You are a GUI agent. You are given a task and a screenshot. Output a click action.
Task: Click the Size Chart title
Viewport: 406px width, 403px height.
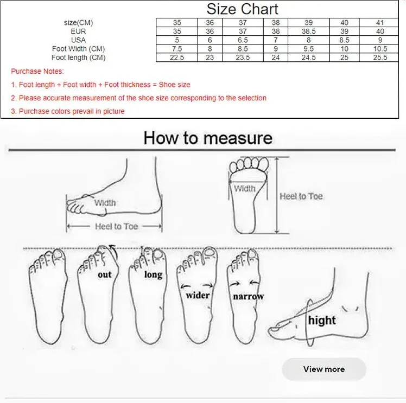click(x=242, y=9)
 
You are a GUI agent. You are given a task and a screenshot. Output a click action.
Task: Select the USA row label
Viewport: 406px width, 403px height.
click(x=78, y=40)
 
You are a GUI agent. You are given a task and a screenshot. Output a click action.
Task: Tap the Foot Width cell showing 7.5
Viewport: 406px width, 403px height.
click(x=177, y=49)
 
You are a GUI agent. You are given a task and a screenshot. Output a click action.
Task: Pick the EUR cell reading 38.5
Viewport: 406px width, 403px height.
click(x=308, y=31)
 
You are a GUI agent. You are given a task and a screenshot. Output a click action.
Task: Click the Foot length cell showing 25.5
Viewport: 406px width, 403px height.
click(x=380, y=57)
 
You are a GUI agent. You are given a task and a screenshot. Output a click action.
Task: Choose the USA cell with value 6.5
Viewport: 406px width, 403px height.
click(x=243, y=40)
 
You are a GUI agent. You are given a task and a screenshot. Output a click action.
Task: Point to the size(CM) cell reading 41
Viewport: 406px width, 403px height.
click(x=380, y=22)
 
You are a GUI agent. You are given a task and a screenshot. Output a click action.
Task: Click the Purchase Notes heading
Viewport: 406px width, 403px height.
click(x=37, y=71)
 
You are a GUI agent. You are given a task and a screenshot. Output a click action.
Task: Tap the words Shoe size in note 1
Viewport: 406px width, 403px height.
click(x=174, y=85)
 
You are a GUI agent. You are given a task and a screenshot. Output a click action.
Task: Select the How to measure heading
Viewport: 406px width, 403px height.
click(x=208, y=138)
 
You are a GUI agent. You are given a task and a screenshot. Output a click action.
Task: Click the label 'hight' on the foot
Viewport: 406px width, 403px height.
click(x=321, y=320)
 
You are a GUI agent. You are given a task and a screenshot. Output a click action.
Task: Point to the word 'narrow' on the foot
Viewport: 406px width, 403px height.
click(x=248, y=296)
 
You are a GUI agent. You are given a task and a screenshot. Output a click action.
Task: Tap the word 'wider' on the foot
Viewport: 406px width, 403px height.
click(x=198, y=295)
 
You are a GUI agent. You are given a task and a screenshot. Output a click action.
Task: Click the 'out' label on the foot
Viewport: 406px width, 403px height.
click(x=105, y=274)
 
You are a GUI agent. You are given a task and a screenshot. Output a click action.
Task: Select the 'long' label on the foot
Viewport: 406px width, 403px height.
click(x=153, y=274)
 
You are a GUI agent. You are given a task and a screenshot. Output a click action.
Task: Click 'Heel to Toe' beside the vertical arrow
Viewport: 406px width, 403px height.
click(x=301, y=196)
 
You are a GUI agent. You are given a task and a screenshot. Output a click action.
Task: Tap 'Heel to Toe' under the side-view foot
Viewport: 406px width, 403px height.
click(x=116, y=227)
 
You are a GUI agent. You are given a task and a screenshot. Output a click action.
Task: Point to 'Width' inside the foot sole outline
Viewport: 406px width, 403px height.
click(x=245, y=189)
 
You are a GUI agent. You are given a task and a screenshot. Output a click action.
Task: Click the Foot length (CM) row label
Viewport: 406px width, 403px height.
click(x=79, y=57)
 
